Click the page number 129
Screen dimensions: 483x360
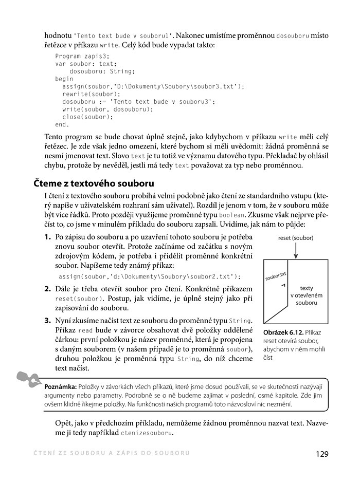tap(322, 454)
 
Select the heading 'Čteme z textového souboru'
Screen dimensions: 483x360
tap(95, 183)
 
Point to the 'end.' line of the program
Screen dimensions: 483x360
tap(62, 124)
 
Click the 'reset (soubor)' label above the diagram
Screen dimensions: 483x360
tap(295, 238)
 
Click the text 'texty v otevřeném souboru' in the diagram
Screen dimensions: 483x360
tap(307, 295)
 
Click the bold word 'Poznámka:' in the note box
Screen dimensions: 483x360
tap(61, 386)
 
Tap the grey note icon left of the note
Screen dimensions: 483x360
tap(27, 379)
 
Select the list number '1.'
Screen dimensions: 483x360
tap(47, 237)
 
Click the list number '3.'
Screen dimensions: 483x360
tap(47, 320)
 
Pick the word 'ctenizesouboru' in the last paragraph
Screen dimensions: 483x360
tap(147, 433)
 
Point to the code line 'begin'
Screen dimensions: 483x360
tap(64, 79)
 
